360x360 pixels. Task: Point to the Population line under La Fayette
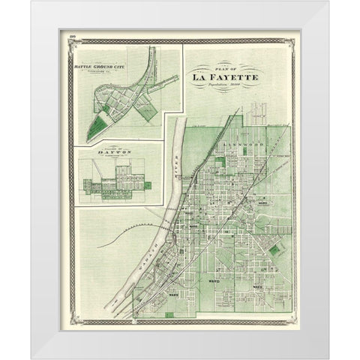tap(226, 85)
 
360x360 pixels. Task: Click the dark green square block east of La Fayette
tap(274, 250)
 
